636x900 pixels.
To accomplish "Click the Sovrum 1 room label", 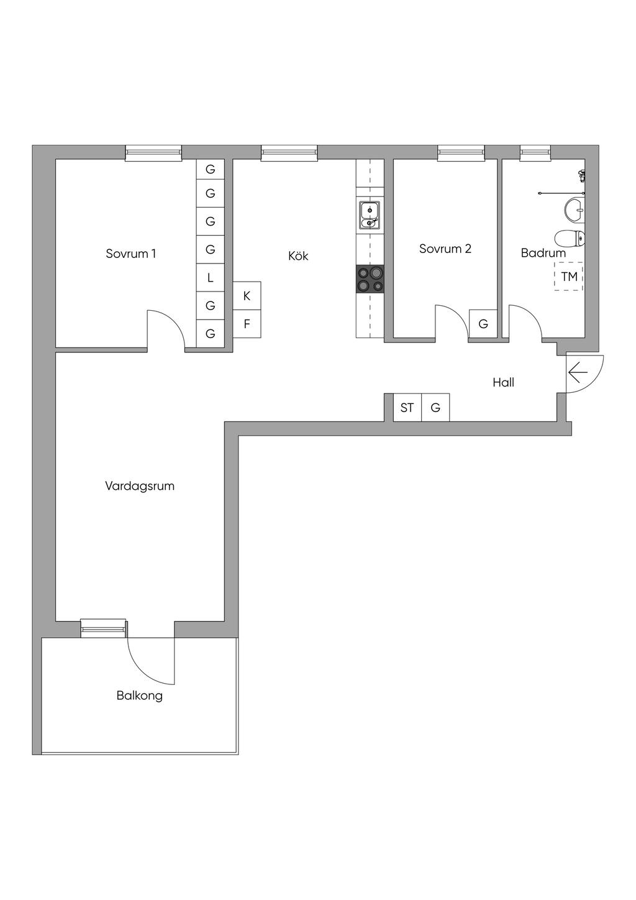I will pos(130,254).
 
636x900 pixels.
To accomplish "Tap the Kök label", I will pos(298,256).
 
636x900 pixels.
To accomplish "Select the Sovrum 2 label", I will pos(445,249).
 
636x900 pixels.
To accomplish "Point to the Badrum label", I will pos(543,253).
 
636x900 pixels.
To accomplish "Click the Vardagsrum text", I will pos(140,486).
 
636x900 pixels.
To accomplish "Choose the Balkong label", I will pos(140,696).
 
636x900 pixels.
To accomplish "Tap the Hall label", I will pos(503,382).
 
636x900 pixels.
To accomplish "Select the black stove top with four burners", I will pos(370,278).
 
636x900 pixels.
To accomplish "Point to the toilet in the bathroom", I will pos(570,237).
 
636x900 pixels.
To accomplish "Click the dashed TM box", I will pos(569,277).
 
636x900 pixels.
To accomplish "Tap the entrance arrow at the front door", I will pos(578,374).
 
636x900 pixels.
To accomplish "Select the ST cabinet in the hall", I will pos(407,408).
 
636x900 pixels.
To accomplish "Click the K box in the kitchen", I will pos(247,296).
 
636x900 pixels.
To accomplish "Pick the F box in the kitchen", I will pos(247,324).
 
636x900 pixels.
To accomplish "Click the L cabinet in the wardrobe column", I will pos(211,278).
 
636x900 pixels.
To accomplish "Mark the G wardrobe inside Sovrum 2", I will pos(483,324).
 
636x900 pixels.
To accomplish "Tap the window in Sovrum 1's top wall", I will pos(153,153).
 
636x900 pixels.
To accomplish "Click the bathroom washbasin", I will pos(575,210).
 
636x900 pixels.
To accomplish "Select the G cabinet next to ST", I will pos(435,408).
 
